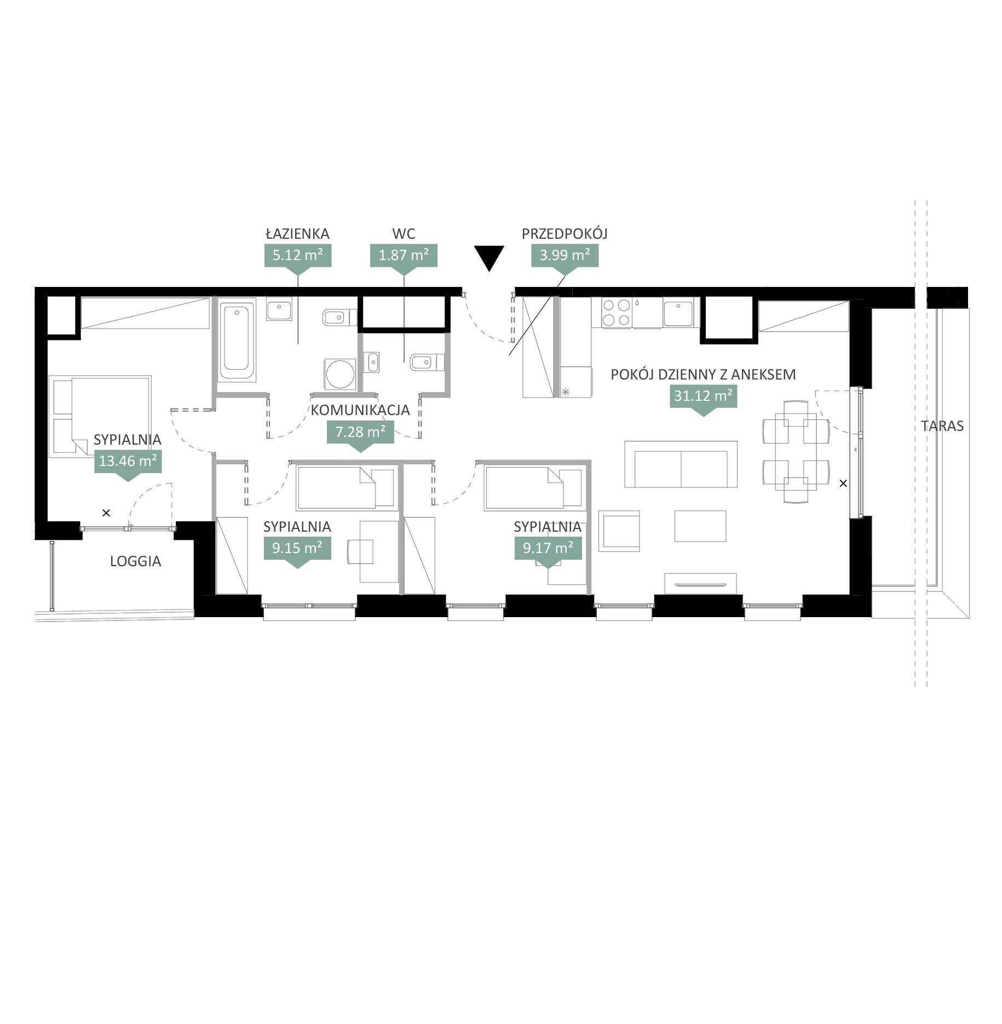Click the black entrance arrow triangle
coord(488,257)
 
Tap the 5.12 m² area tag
coord(297,257)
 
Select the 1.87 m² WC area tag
coord(404,257)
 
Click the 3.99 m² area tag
coord(565,257)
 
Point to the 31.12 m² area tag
coord(703,398)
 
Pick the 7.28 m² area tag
coord(360,435)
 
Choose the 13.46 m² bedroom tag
coord(128,464)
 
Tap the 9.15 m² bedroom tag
coord(297,550)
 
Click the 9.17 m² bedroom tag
coord(548,550)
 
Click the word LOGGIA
coord(135,561)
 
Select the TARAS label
coord(942,426)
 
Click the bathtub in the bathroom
coord(237,340)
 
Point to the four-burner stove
coord(616,313)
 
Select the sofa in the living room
coord(681,464)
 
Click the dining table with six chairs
coord(796,452)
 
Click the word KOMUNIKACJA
coord(360,410)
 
